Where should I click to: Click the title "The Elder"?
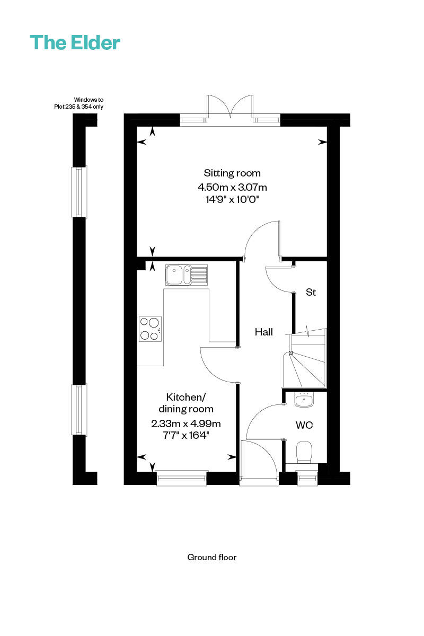pos(75,42)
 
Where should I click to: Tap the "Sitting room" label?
pos(232,173)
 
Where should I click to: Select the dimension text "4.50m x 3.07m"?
pos(232,188)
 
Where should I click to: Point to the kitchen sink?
pos(187,275)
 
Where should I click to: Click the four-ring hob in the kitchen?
pos(150,329)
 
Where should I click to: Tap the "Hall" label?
pos(263,332)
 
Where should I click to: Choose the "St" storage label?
pos(311,292)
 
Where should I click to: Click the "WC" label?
pos(304,425)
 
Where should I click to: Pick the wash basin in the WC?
pos(304,400)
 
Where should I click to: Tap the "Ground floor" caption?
pos(212,558)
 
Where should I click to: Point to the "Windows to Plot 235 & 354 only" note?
pos(78,103)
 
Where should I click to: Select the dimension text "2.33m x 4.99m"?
pos(185,423)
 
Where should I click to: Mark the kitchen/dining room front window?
pos(181,479)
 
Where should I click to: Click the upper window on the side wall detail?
pos(79,192)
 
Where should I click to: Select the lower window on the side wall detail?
pos(79,409)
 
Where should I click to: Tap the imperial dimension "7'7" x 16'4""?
pos(185,435)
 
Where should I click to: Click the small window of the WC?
pos(307,478)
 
